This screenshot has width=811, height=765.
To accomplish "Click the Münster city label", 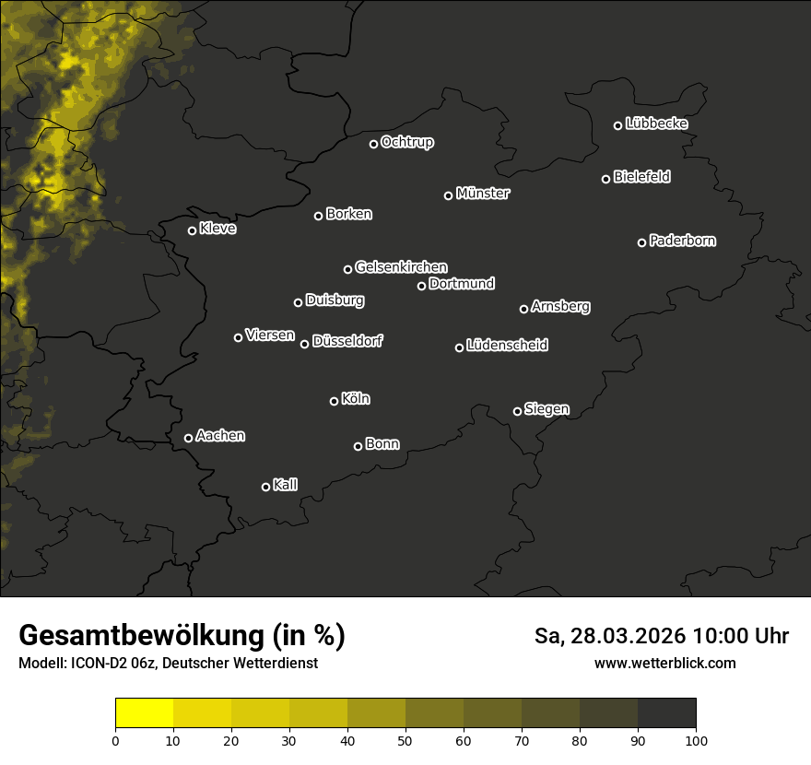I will (x=482, y=194).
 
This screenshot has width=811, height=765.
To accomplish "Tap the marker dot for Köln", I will (x=335, y=401).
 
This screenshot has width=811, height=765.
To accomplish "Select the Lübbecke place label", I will (x=656, y=124).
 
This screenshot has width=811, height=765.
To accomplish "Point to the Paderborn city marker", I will (x=642, y=242).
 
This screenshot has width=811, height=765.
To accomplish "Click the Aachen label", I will (x=220, y=436).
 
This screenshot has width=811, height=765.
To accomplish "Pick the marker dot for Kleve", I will (x=193, y=230).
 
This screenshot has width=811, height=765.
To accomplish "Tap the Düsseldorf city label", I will (x=347, y=341).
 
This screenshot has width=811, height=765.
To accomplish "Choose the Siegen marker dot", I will (x=517, y=411).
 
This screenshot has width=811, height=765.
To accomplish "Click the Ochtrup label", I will (x=406, y=142).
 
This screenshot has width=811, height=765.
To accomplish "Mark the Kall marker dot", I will (x=266, y=487).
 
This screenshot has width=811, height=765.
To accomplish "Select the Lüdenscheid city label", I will (x=507, y=346).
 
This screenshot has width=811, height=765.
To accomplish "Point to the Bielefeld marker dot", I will (x=606, y=179).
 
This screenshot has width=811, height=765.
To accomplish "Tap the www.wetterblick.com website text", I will (x=664, y=663).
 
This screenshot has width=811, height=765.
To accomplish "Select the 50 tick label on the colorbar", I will (x=405, y=739).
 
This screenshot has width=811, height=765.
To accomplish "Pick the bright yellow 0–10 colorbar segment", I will (x=145, y=713).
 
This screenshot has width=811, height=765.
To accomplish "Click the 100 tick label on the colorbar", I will (x=696, y=739).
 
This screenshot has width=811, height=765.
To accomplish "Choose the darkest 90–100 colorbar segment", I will (x=666, y=713).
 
